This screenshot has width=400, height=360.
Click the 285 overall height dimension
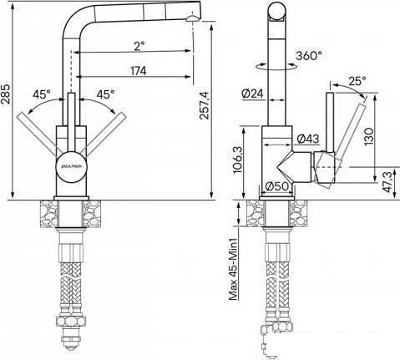(x=6, y=94)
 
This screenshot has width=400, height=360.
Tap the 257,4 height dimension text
(x=205, y=105)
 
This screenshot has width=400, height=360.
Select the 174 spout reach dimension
(x=139, y=71)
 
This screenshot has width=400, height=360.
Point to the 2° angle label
(x=139, y=46)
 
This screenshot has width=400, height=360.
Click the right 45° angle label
(x=105, y=94)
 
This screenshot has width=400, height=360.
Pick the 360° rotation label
(x=309, y=56)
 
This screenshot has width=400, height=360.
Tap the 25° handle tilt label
(x=357, y=81)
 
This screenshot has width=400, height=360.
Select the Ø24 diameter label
(x=252, y=94)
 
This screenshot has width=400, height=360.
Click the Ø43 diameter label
(x=308, y=139)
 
